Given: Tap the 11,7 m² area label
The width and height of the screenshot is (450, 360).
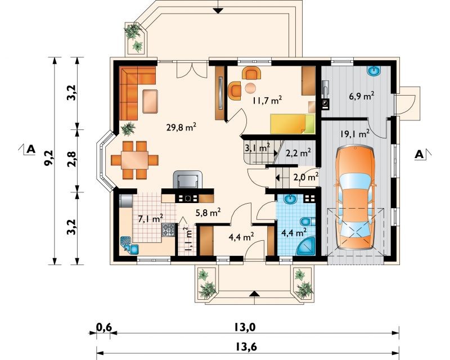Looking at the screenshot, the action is click(267, 100).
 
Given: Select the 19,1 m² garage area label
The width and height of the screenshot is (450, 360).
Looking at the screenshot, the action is click(355, 134).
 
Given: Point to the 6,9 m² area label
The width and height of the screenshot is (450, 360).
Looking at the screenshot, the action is click(361, 96).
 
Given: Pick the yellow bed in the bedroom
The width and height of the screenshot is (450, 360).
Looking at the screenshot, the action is click(292, 124).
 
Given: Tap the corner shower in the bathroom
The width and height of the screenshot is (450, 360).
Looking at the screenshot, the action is click(305, 246).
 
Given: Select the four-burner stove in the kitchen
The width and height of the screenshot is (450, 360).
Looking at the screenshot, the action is click(168, 229).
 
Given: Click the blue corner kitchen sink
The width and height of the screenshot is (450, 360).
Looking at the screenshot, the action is click(129, 245).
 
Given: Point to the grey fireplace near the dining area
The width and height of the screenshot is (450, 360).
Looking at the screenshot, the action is click(188, 179).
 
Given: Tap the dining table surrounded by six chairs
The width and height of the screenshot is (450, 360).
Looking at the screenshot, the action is click(134, 160).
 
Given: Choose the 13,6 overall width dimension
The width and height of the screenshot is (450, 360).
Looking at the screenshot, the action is click(246, 347).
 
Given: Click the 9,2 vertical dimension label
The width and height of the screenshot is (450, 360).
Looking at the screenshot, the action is click(49, 157).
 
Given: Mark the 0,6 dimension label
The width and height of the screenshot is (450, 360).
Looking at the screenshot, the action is click(103, 327).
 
